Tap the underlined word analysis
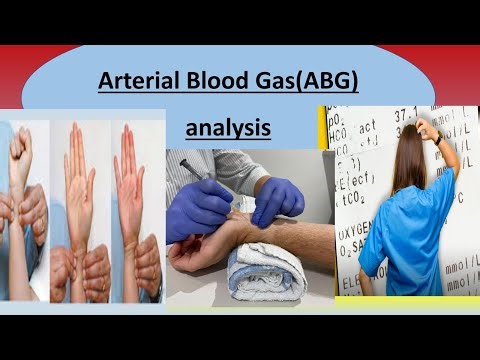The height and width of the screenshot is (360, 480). pos(229,129)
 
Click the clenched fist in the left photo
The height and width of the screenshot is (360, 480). pos(20,150)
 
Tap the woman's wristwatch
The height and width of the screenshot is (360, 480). pos(437,139)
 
